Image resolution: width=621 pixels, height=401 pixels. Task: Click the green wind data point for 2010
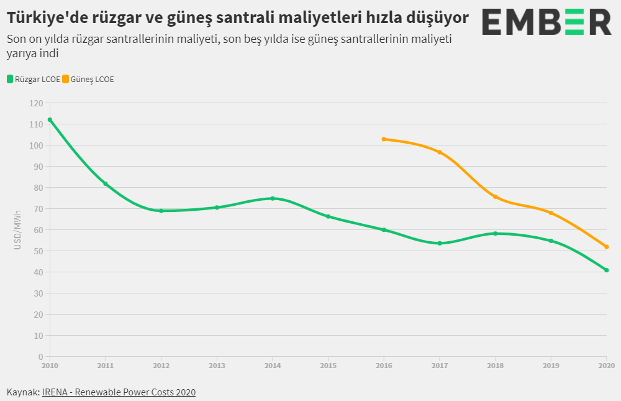[x=50, y=120]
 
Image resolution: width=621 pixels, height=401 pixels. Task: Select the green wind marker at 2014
[x=273, y=198]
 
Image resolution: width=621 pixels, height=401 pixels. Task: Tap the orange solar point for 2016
[x=384, y=139]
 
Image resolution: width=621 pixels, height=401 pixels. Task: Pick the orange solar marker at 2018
[x=495, y=196]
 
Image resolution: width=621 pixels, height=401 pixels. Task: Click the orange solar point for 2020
[x=607, y=247]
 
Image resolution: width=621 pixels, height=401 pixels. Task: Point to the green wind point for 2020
[x=607, y=270]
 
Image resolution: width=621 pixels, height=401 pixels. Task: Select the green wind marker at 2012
[x=161, y=211]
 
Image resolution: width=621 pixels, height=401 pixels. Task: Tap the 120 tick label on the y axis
[x=37, y=103]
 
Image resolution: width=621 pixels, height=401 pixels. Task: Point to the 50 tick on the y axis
[x=39, y=251]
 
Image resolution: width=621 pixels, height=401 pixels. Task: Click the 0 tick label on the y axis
[x=40, y=357]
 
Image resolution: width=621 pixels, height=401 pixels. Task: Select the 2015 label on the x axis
[x=328, y=366]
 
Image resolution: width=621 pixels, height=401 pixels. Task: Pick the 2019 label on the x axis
[x=551, y=366]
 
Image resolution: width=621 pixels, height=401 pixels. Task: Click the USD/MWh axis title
[x=18, y=230]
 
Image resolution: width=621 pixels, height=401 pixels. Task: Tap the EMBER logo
[x=546, y=22]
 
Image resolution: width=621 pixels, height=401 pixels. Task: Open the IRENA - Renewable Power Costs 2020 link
[x=119, y=392]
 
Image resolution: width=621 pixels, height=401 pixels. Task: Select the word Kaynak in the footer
[x=22, y=392]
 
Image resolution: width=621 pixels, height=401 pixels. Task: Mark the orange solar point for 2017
[x=440, y=152]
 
